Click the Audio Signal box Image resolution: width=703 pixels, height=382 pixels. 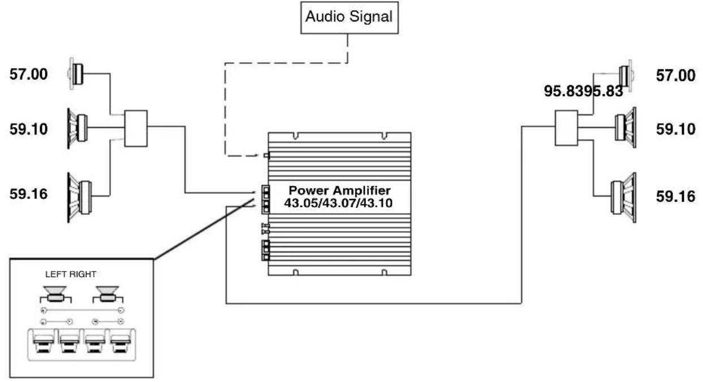click(350, 18)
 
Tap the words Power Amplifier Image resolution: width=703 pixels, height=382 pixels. click(339, 190)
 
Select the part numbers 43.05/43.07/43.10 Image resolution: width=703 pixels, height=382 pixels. click(338, 203)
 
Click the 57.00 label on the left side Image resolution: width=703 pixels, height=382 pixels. click(28, 75)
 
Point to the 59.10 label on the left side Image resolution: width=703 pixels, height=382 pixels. click(28, 129)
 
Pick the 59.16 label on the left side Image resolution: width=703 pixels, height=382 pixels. click(28, 194)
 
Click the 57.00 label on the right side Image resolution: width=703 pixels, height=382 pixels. click(675, 76)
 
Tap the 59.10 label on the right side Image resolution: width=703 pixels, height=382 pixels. click(675, 129)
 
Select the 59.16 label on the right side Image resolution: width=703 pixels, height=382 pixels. click(675, 197)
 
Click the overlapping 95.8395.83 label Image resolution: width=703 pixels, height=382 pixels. click(583, 92)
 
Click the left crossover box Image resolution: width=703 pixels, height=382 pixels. click(136, 128)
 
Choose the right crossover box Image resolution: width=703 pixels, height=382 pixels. click(566, 128)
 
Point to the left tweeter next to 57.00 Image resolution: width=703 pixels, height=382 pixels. click(76, 73)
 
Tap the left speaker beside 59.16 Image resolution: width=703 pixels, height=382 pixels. click(80, 198)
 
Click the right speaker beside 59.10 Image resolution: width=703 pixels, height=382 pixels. click(626, 127)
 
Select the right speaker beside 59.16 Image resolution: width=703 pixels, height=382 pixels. click(624, 198)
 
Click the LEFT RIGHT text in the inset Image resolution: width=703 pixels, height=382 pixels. click(71, 274)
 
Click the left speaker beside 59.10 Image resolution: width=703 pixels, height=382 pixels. click(77, 129)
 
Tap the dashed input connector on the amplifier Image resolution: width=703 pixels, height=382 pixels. click(266, 155)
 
